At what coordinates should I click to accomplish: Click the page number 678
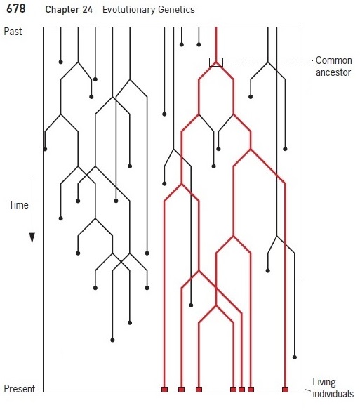16,8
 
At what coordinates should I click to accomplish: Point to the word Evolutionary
128,10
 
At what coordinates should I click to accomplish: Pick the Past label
13,32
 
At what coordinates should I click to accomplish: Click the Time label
18,205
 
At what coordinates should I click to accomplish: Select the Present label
20,389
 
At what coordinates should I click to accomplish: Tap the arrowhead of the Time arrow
32,238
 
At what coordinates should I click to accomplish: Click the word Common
333,60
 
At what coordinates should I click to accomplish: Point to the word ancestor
333,72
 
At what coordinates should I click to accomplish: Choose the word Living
324,383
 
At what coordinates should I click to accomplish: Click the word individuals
333,394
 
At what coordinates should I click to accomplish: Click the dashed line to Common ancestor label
267,62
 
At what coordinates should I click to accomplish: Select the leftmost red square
164,390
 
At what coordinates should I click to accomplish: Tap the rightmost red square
285,390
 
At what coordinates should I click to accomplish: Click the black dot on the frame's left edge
45,149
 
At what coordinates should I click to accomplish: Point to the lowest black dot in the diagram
294,357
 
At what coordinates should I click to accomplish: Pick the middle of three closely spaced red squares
241,390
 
